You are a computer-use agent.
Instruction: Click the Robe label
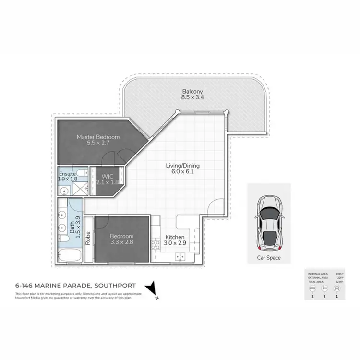(88, 239)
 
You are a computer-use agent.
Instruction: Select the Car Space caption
(269, 258)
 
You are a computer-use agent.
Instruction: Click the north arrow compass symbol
(153, 287)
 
